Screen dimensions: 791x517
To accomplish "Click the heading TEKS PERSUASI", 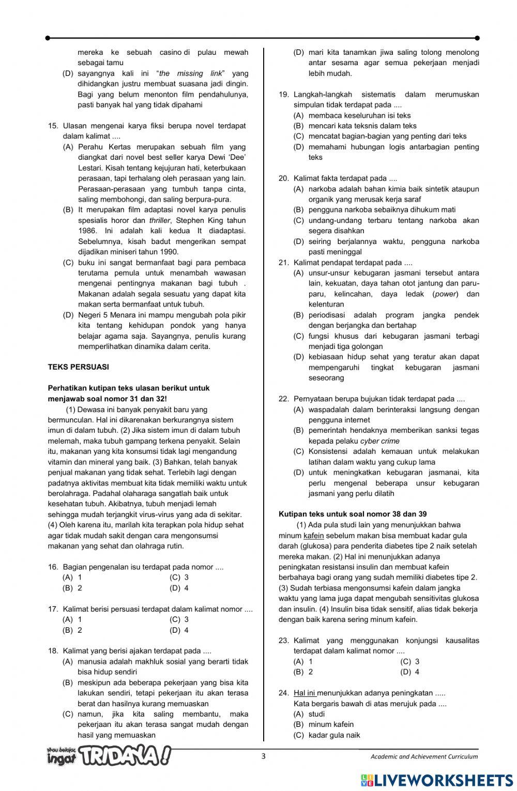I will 78,367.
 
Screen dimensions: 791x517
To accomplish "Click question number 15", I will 53,126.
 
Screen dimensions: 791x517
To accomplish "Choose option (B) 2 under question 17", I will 72,630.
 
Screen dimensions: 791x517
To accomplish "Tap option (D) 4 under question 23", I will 409,672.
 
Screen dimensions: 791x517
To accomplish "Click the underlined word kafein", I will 314,536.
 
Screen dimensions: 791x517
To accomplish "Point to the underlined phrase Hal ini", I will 305,693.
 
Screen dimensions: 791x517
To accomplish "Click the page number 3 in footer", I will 264,756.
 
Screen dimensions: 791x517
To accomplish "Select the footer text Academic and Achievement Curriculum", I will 424,756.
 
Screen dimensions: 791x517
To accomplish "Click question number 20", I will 283,178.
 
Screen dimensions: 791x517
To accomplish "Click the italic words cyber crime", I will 380,441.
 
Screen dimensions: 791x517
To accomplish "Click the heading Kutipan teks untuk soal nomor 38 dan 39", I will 353,514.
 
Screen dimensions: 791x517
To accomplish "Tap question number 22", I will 283,399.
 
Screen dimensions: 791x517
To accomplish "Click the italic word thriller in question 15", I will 159,220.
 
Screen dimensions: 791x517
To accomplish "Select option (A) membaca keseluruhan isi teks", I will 353,115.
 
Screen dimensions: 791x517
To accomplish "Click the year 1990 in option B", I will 168,252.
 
